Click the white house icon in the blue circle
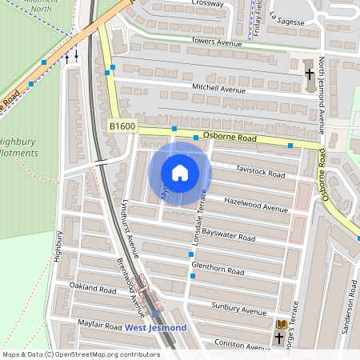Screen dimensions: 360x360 180,173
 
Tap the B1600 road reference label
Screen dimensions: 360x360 123,126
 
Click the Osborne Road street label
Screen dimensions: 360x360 229,138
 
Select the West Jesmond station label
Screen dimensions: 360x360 156,328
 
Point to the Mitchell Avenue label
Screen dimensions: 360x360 218,89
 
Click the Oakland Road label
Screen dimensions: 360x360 94,286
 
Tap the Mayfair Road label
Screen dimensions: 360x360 100,326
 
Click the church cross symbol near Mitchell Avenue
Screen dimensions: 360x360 310,74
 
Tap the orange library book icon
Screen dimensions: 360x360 281,324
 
